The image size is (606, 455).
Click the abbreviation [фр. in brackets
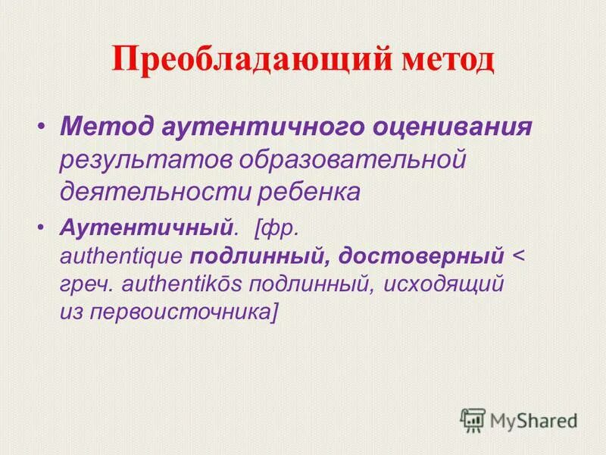coord(279,226)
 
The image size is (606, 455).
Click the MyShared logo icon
coord(473,419)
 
